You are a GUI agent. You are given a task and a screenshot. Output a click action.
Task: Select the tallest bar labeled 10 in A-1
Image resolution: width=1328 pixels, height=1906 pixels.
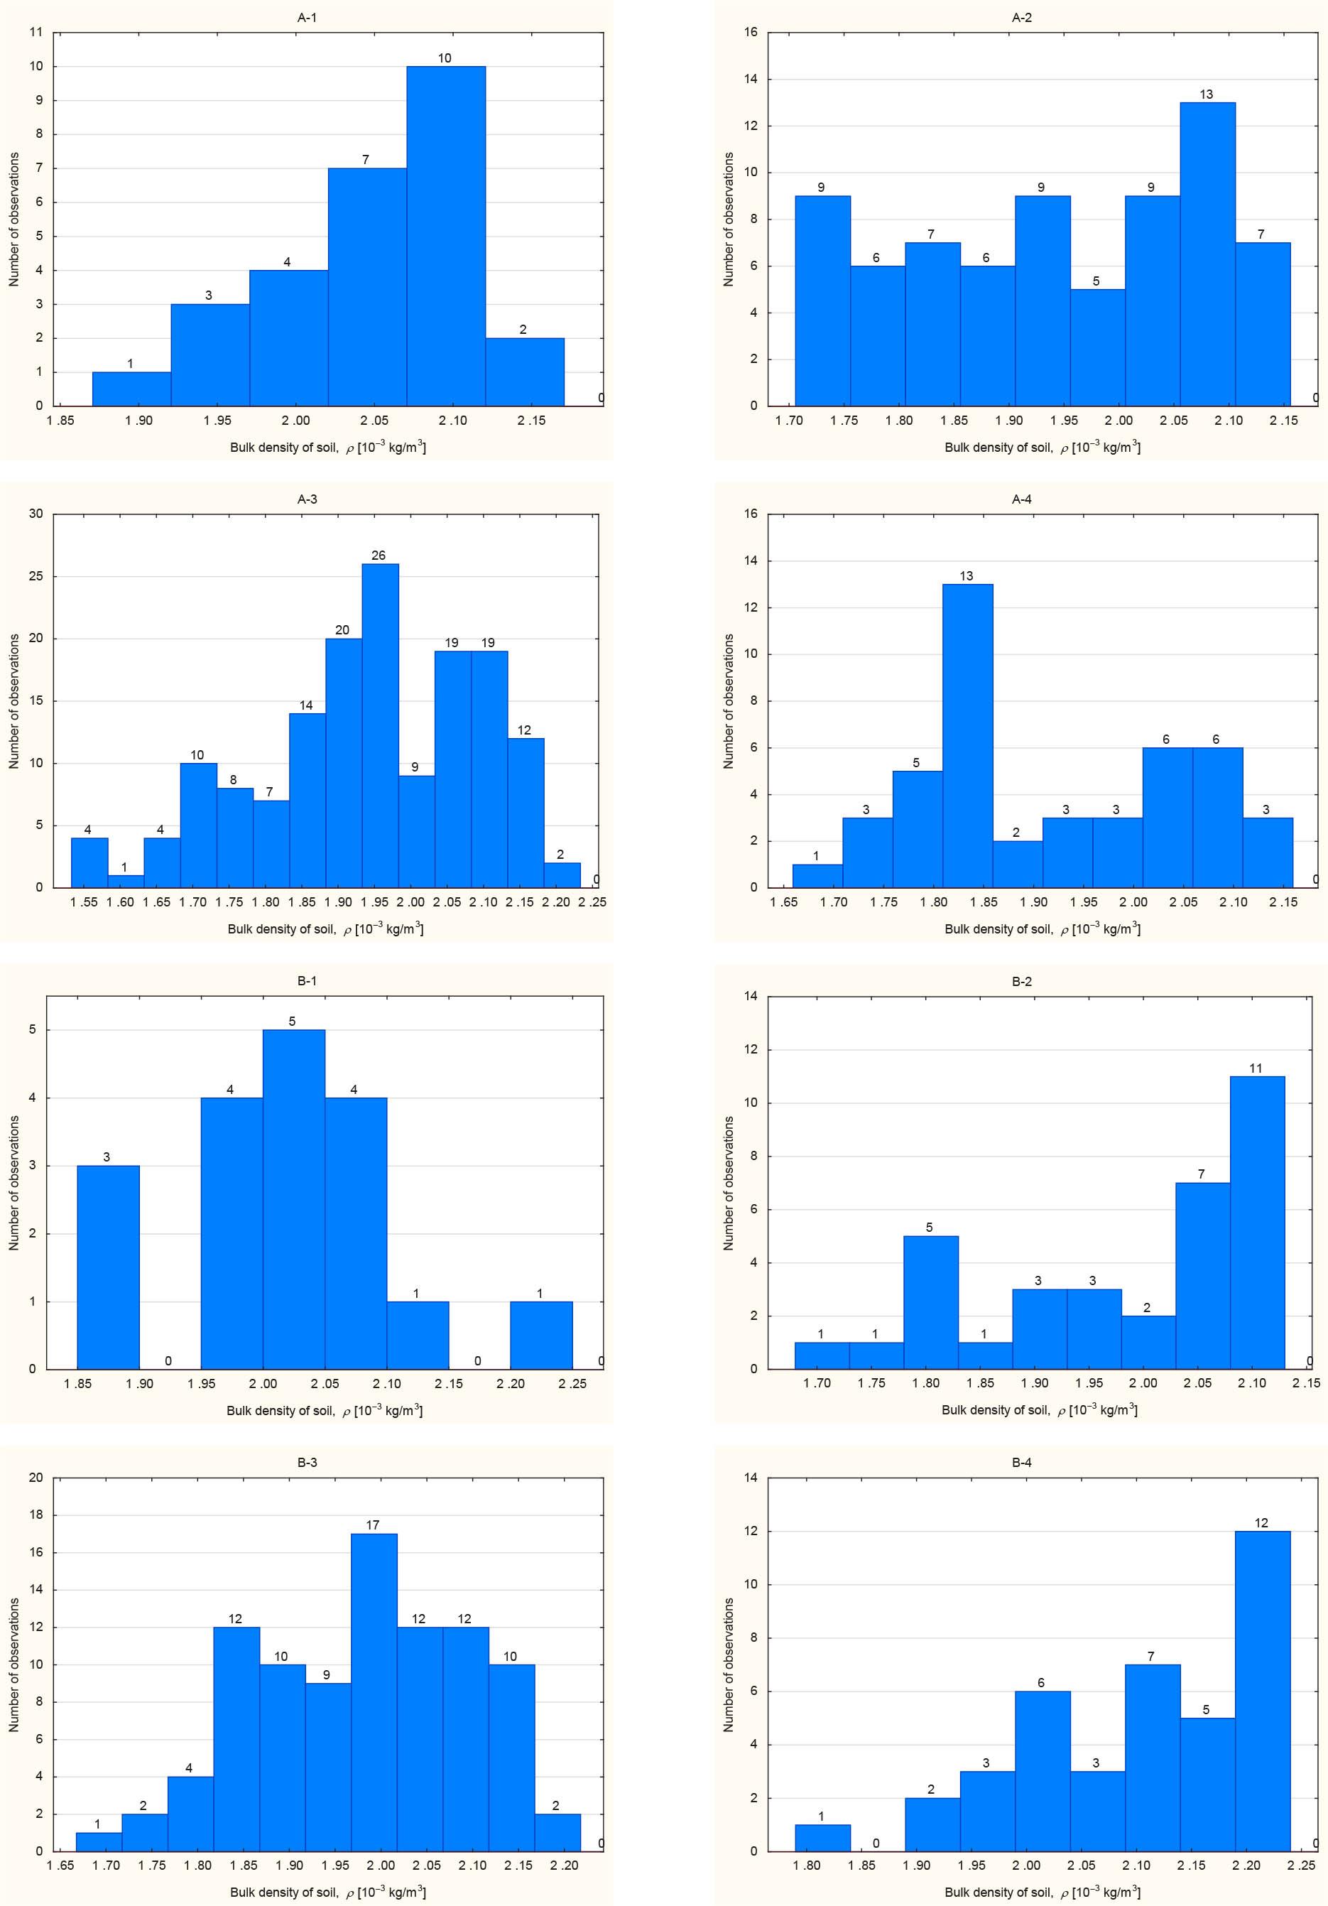tap(446, 237)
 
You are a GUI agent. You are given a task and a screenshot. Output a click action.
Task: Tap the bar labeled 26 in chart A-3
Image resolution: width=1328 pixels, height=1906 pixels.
tap(379, 726)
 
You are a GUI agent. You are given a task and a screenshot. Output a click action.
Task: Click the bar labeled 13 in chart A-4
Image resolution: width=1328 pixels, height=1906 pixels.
tap(967, 737)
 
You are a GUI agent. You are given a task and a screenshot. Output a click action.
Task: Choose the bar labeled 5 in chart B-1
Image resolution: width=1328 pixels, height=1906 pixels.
tap(294, 1200)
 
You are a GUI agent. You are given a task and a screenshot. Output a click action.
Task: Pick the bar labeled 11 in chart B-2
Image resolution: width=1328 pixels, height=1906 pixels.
tap(1256, 1223)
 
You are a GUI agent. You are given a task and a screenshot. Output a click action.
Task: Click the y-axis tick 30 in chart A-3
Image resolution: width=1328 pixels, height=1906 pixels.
tap(36, 514)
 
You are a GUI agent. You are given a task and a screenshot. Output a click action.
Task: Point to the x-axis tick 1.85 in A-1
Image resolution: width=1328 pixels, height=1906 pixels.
tap(60, 421)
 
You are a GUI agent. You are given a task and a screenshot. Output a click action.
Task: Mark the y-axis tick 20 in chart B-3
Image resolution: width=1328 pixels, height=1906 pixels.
tap(36, 1478)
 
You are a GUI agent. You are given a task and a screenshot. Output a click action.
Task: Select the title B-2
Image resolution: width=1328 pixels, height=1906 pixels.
tap(1022, 981)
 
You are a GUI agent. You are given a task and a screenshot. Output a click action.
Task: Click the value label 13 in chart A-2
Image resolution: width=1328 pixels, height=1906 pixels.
tap(1206, 94)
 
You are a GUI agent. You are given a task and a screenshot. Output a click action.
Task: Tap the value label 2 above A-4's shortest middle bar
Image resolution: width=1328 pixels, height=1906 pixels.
tap(1016, 833)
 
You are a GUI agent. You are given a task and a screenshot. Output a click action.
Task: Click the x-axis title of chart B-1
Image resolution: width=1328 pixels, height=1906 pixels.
tap(325, 1410)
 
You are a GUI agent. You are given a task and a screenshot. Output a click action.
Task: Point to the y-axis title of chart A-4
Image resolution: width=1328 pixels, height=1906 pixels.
tap(729, 701)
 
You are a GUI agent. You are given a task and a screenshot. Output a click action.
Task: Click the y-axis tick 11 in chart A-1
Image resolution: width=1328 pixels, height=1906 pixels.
tap(36, 33)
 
